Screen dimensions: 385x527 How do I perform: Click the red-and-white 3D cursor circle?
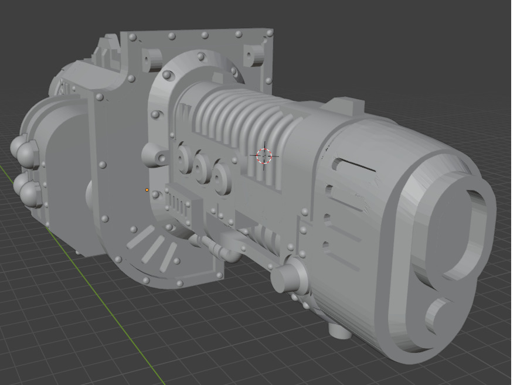click(264, 156)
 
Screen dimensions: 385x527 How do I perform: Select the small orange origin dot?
click(147, 190)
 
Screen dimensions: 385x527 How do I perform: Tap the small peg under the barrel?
click(340, 331)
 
